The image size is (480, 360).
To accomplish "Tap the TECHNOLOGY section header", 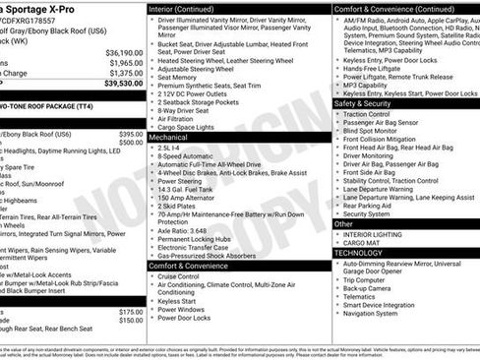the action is [359, 253].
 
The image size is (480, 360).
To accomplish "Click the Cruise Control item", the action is [184, 276].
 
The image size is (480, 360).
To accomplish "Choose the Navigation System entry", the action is [371, 314].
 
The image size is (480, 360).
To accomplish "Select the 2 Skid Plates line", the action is [181, 206].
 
